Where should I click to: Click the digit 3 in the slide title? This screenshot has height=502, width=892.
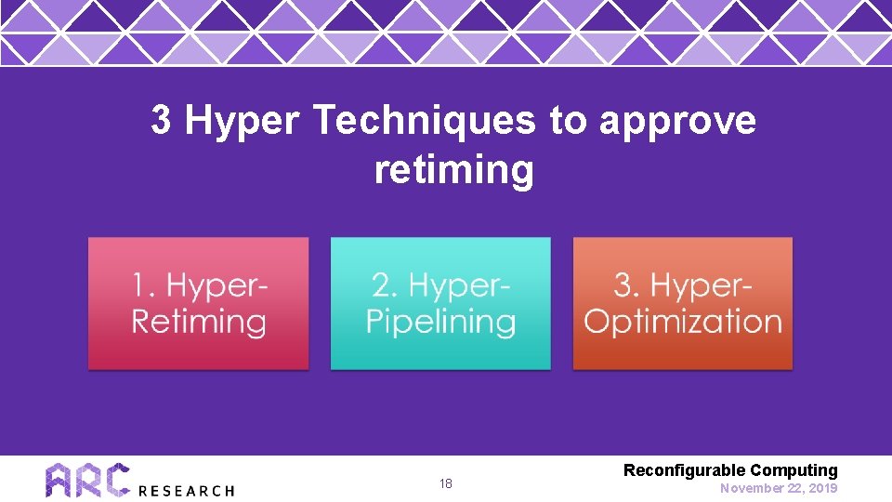(x=161, y=121)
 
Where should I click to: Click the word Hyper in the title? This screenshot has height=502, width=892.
(x=243, y=122)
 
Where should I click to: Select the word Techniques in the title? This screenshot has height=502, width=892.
(x=426, y=121)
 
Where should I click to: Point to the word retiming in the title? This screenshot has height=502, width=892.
(x=454, y=171)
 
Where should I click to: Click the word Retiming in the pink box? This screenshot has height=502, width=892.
(x=199, y=322)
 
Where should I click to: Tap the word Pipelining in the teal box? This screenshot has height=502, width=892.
(x=440, y=322)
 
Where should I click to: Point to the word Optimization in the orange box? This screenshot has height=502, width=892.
(x=683, y=322)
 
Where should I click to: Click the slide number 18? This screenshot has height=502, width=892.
(x=446, y=484)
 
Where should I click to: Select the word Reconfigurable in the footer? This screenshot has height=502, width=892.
(x=684, y=471)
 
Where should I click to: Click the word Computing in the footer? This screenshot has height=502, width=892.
(x=794, y=471)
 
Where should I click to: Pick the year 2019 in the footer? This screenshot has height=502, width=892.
(x=822, y=488)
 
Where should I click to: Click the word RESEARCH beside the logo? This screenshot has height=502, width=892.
(x=186, y=490)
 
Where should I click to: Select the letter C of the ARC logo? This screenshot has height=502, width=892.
(x=115, y=480)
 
